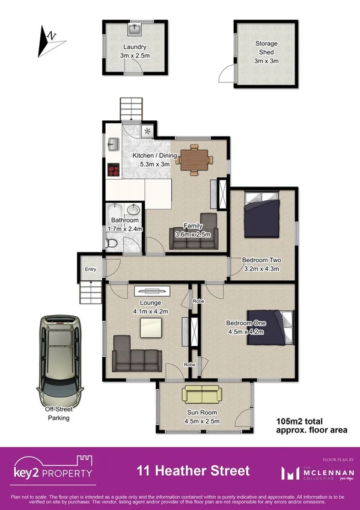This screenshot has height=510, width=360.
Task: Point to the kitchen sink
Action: pyautogui.click(x=113, y=145)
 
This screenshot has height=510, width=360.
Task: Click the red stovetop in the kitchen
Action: pyautogui.click(x=113, y=170)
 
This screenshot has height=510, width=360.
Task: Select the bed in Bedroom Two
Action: pyautogui.click(x=261, y=215)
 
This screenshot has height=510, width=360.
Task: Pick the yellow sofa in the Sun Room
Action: pyautogui.click(x=202, y=395)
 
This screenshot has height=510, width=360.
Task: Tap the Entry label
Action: pyautogui.click(x=91, y=269)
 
